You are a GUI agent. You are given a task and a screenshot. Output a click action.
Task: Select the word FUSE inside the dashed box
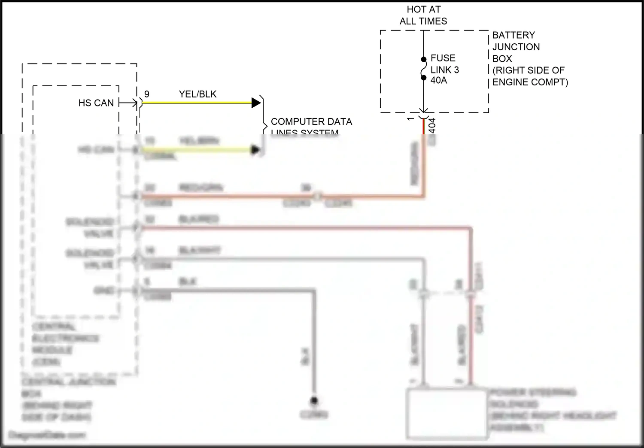[443, 58]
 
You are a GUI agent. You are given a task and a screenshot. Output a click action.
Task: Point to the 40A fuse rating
[438, 80]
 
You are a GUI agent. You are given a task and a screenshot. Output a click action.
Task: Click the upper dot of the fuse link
[424, 60]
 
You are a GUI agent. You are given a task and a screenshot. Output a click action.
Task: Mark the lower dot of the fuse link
[424, 78]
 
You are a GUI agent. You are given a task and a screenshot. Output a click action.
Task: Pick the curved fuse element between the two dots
[423, 69]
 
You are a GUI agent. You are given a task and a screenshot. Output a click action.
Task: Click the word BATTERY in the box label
[513, 35]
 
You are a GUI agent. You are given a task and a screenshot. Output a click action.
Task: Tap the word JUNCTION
[516, 47]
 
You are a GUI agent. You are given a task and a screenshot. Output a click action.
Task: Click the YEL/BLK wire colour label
[197, 94]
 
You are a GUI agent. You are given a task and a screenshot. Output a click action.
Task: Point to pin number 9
[147, 94]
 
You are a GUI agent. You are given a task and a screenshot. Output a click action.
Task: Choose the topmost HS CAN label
[96, 103]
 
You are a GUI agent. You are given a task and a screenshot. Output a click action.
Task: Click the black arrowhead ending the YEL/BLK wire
[256, 103]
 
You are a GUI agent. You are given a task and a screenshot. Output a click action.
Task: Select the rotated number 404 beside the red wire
[432, 125]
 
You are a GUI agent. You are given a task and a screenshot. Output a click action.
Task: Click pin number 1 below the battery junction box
[411, 119]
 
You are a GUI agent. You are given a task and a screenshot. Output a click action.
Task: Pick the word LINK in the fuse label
[441, 70]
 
